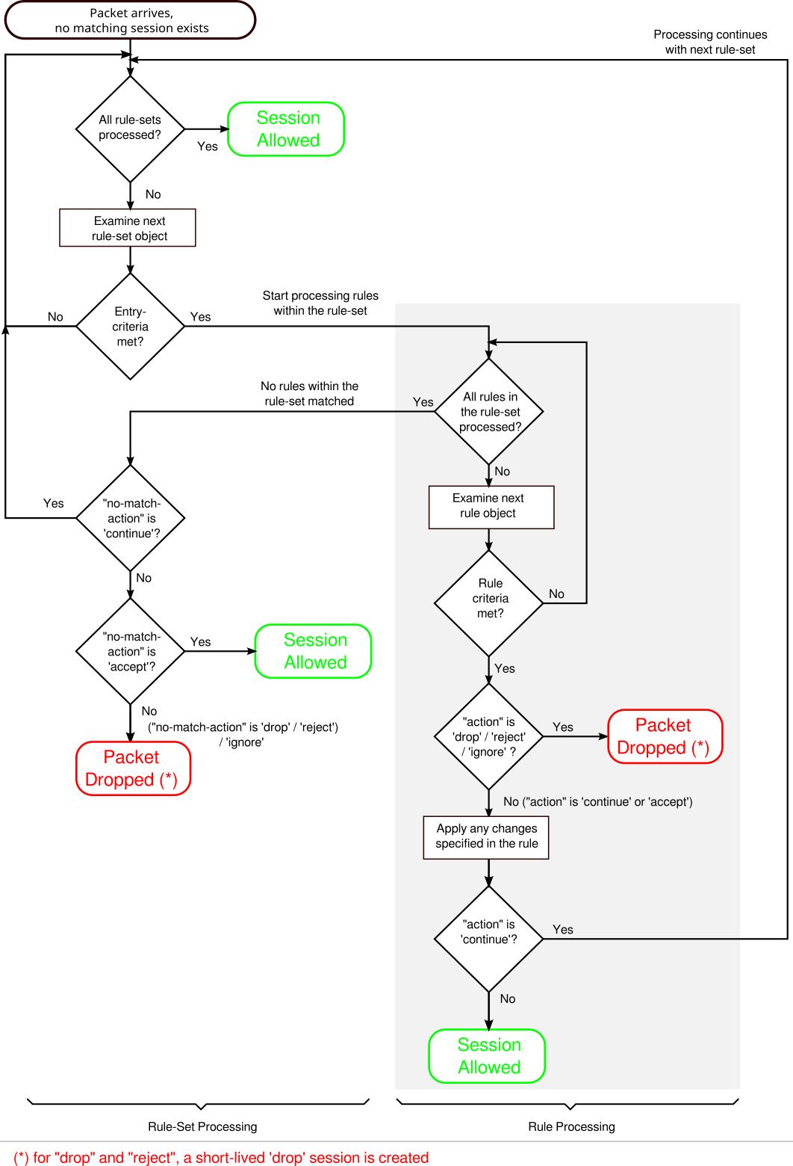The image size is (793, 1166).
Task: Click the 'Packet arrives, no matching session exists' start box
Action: tap(131, 20)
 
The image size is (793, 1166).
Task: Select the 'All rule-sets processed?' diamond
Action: tap(130, 129)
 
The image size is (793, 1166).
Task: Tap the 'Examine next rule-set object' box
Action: tap(128, 228)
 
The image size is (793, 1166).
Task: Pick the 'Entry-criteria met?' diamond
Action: tap(130, 327)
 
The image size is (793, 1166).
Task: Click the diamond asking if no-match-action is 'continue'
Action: tap(130, 518)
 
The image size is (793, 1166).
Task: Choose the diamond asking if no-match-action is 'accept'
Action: tap(130, 651)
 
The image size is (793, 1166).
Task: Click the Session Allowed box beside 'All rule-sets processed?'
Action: tap(287, 129)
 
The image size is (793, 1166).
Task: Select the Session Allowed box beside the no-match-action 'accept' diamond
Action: tap(314, 651)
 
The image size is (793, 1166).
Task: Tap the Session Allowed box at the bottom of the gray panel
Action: tap(488, 1056)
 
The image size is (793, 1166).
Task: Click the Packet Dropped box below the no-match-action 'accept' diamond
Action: tap(133, 768)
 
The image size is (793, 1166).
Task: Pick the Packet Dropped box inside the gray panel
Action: tap(665, 736)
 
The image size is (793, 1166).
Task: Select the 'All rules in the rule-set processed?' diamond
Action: tap(489, 412)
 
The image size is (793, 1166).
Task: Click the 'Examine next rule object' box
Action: tap(491, 507)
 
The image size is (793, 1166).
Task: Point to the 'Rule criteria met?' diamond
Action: tap(489, 602)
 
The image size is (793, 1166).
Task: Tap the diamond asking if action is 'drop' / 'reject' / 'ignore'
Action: tap(489, 736)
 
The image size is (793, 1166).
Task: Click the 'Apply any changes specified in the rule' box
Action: tap(486, 837)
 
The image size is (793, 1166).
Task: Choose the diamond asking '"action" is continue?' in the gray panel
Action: tap(489, 938)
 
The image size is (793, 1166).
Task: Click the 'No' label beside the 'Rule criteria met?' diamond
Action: tap(556, 594)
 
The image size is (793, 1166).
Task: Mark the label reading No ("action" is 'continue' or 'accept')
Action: tap(597, 802)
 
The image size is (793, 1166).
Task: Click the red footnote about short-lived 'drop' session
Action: tap(221, 1158)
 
